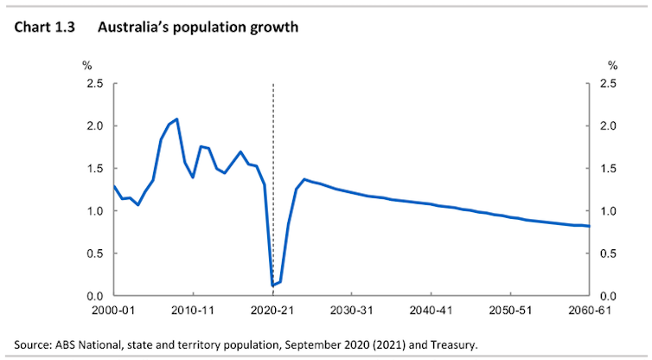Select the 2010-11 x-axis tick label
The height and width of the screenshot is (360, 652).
[x=194, y=309]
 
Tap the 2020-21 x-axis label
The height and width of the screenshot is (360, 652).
[x=273, y=309]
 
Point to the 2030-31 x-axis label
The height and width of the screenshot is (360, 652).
[x=353, y=309]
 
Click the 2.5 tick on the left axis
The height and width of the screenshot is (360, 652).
[x=94, y=84]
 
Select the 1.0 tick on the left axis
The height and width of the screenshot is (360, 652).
[x=94, y=211]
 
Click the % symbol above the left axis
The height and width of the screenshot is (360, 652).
[x=86, y=65]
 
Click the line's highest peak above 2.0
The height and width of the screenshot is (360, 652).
[x=176, y=119]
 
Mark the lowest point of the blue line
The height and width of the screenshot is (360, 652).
[x=273, y=285]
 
